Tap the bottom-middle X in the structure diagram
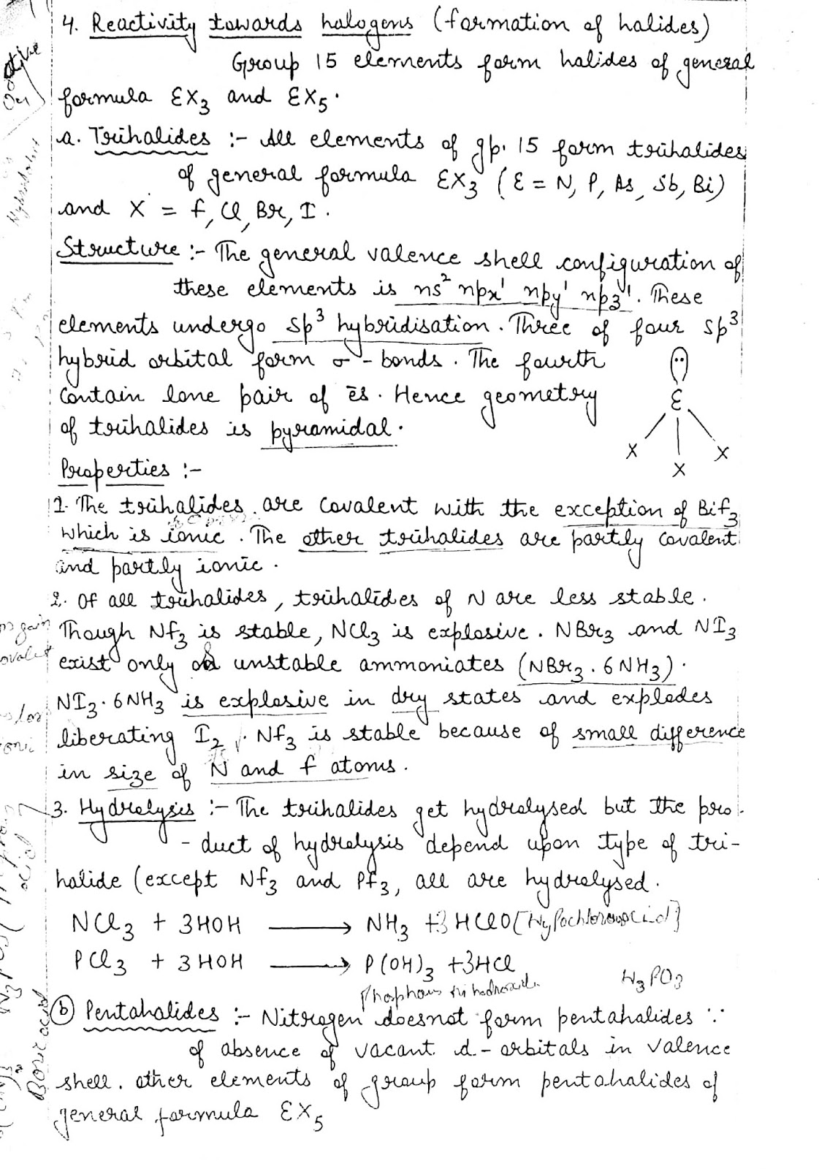[x=679, y=468]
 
